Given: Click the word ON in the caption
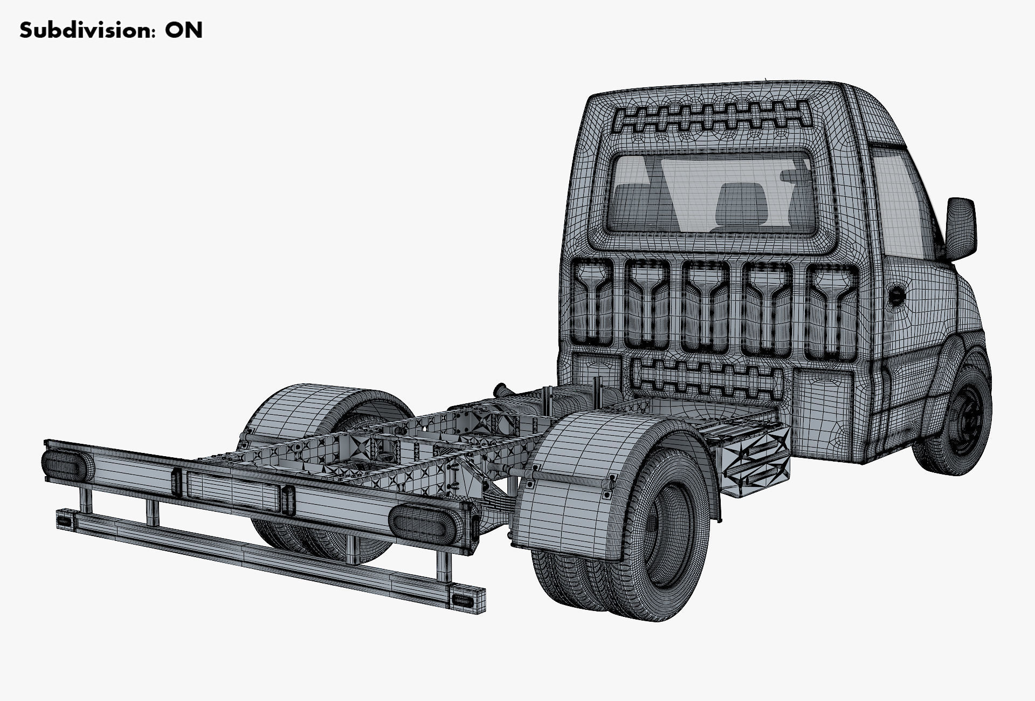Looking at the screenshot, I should (184, 30).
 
